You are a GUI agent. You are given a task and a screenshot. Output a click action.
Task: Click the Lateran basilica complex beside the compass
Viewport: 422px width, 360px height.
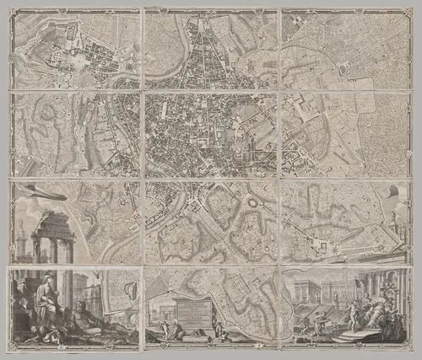pos(321,244)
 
